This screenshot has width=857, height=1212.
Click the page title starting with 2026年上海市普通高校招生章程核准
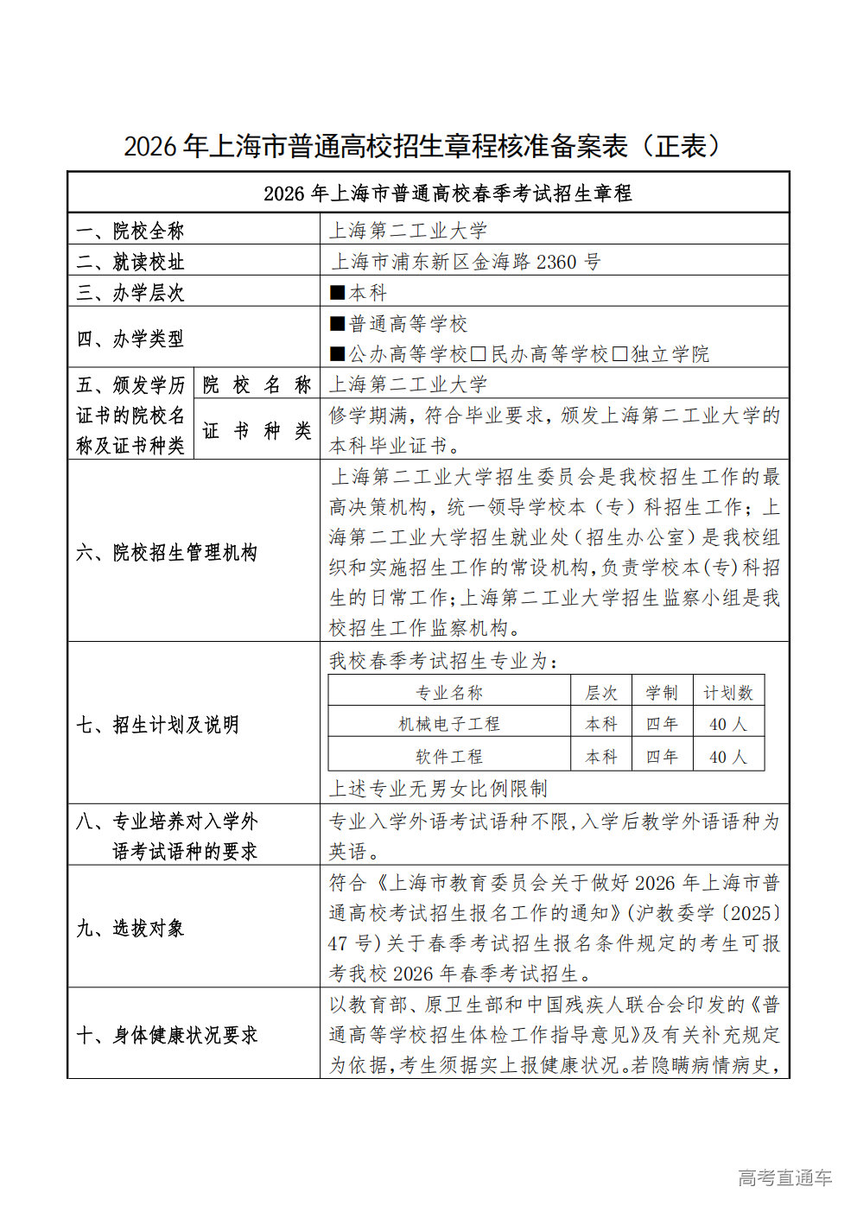click(x=422, y=147)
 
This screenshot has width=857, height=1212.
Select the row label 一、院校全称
click(x=130, y=231)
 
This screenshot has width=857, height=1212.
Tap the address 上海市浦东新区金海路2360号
click(x=466, y=262)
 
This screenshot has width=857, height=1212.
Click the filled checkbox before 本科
click(x=338, y=293)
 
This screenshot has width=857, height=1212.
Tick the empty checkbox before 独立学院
click(x=619, y=354)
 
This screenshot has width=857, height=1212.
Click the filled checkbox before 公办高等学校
click(x=338, y=354)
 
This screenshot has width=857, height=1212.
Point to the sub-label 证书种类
click(x=257, y=430)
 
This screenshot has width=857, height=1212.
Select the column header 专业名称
click(x=449, y=693)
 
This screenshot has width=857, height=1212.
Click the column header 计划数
click(x=727, y=693)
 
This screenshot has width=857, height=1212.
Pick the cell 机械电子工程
click(x=449, y=724)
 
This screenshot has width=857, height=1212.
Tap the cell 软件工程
click(x=449, y=757)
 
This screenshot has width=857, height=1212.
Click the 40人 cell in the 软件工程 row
click(x=727, y=757)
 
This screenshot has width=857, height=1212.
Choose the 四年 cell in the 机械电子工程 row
click(x=662, y=724)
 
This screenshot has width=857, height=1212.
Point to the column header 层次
click(x=601, y=693)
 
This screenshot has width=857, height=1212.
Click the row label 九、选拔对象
click(x=130, y=928)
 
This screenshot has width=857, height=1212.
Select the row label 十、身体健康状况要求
click(x=167, y=1035)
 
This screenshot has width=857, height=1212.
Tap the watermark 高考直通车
click(x=784, y=1177)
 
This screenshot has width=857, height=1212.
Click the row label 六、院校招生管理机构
click(x=167, y=552)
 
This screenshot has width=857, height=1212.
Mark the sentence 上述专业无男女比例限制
click(x=438, y=788)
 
